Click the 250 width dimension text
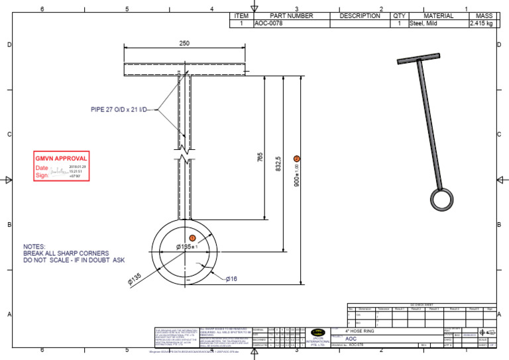point(184,43)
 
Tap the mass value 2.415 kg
point(482,23)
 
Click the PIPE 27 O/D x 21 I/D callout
point(123,109)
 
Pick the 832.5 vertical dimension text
point(278,163)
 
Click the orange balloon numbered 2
point(296,158)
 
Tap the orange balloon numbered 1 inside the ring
point(192,237)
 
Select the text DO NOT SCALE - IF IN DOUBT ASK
point(74,260)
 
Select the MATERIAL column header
point(435,16)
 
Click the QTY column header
point(399,16)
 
